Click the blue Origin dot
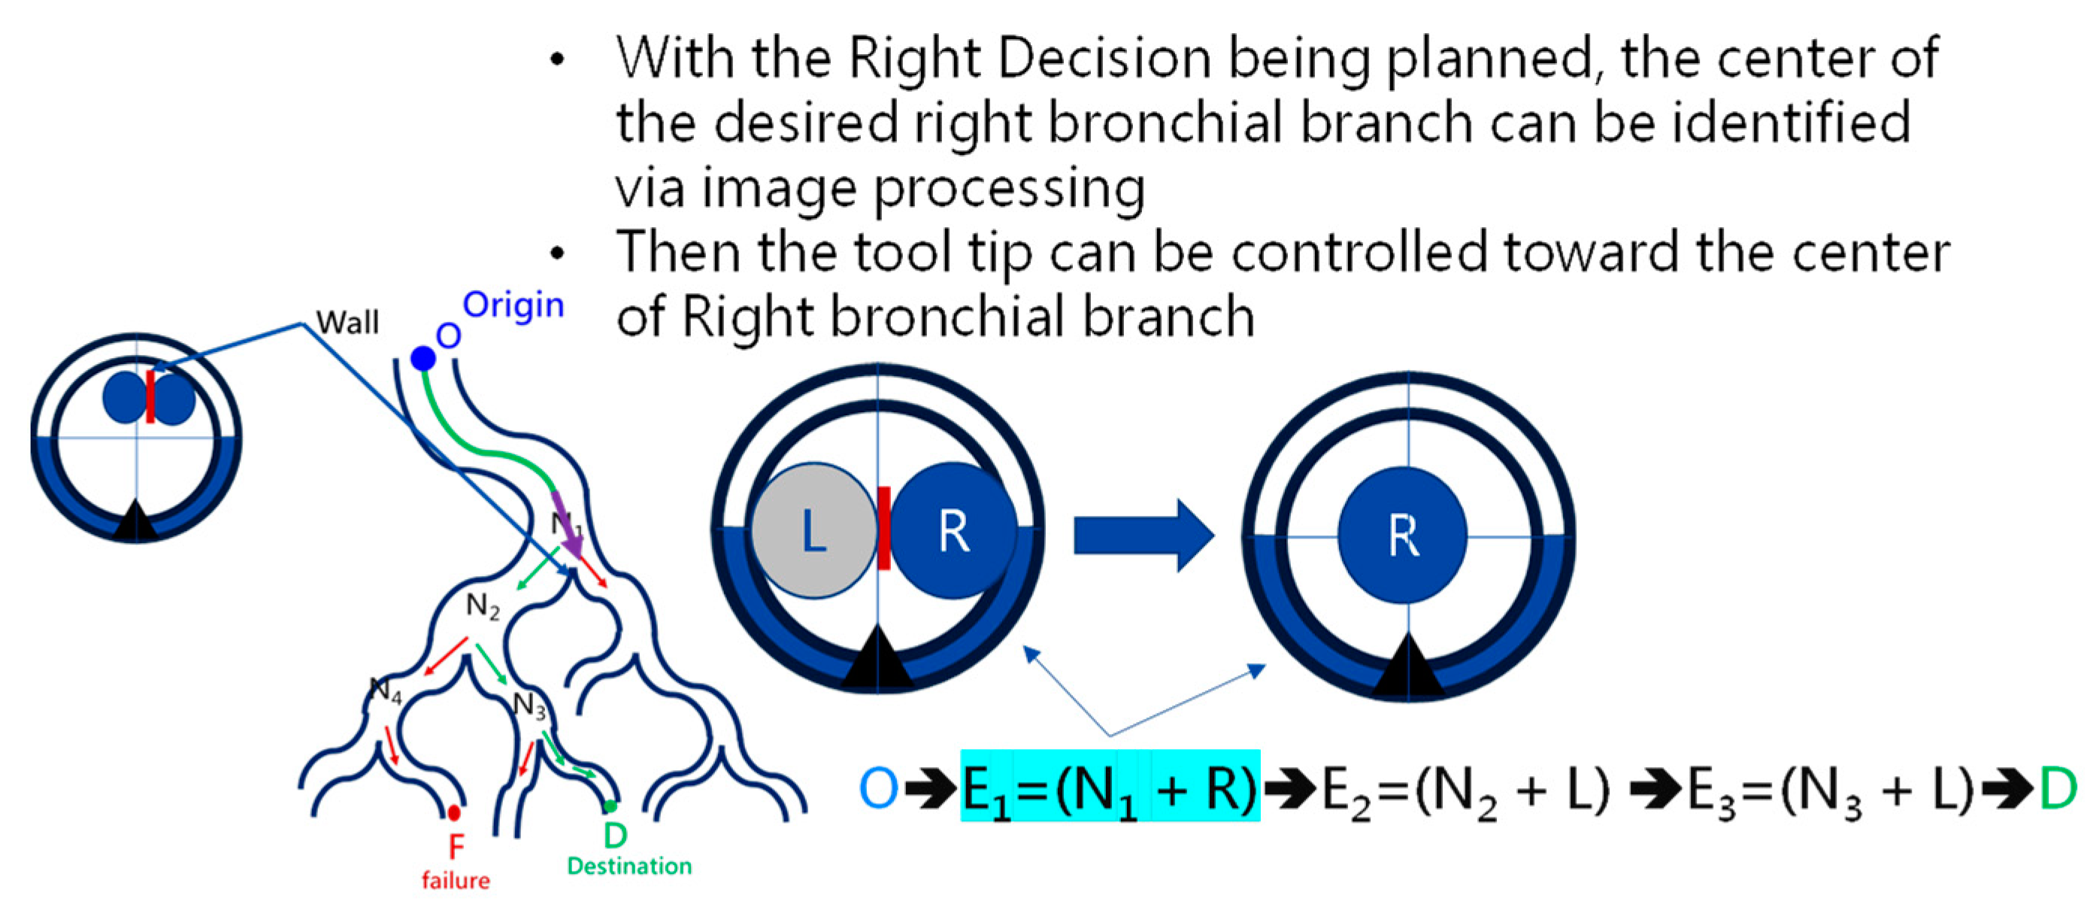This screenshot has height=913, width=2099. [x=423, y=359]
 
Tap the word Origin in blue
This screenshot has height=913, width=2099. [x=513, y=305]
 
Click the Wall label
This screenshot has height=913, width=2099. [x=348, y=323]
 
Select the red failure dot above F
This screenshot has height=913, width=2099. [x=454, y=813]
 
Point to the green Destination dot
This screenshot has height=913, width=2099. [x=610, y=807]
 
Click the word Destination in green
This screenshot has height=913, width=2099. [x=629, y=866]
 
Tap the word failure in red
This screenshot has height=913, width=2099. [x=456, y=881]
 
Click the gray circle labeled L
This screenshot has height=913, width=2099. [x=813, y=531]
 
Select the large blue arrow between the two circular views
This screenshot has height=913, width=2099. [x=1144, y=535]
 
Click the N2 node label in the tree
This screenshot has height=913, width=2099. [x=483, y=606]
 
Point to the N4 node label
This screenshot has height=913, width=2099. [x=386, y=691]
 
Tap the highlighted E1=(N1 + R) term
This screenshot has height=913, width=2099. [x=1110, y=786]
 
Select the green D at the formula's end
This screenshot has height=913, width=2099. [x=2058, y=788]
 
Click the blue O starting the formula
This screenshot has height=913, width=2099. [x=879, y=788]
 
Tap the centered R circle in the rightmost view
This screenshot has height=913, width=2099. [x=1402, y=535]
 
